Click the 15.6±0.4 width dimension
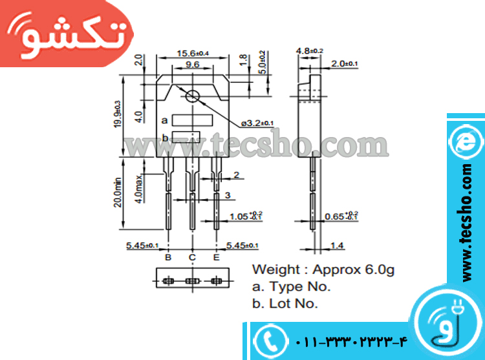[193, 53]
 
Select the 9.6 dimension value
[192, 65]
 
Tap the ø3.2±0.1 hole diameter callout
[257, 122]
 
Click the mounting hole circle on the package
[193, 97]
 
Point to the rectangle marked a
[192, 120]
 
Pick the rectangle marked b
[186, 136]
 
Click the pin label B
[168, 257]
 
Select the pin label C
[192, 257]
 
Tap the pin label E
[216, 257]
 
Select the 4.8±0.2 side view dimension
[309, 50]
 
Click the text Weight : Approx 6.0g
[323, 270]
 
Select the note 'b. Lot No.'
[285, 302]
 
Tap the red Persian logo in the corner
[65, 36]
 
